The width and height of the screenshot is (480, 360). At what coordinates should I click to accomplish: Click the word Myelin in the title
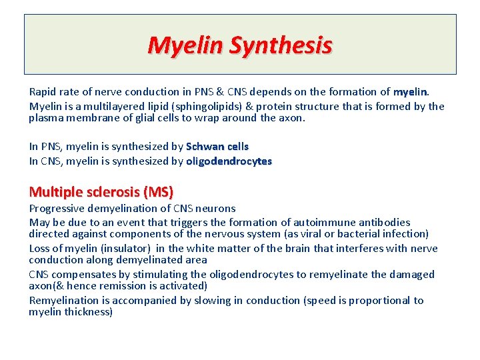[185, 45]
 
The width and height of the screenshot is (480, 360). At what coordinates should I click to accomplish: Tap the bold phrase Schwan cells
[217, 146]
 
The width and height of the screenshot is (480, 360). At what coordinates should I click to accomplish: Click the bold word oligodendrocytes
[229, 161]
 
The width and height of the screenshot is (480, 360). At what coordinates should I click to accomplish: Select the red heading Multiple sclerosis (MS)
[101, 193]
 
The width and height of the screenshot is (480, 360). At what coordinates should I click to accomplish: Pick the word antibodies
[386, 222]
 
